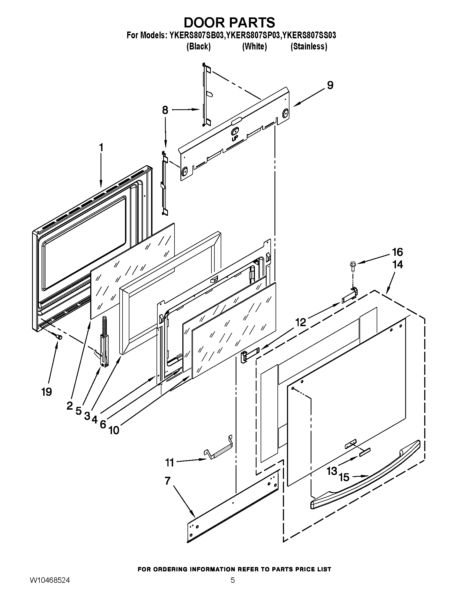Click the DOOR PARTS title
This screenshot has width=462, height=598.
[229, 23]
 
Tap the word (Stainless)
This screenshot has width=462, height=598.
[308, 46]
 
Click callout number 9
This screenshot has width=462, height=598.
[330, 85]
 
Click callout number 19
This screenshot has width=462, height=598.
[47, 392]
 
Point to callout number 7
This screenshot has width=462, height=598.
[167, 481]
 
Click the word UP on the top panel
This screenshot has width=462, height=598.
[234, 139]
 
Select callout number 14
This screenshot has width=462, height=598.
[397, 264]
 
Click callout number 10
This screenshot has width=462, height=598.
[114, 431]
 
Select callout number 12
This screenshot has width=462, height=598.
[300, 323]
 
